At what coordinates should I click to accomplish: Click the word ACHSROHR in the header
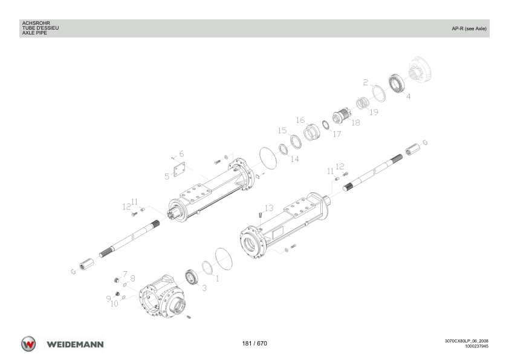[x=36, y=24]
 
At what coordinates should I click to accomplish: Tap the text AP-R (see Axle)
[x=469, y=28]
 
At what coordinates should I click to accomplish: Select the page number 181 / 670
[x=254, y=344]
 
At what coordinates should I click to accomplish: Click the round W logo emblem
[x=28, y=344]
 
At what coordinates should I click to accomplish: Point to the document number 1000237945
[x=476, y=346]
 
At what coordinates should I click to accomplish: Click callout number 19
[x=374, y=112]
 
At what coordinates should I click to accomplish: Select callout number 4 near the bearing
[x=409, y=96]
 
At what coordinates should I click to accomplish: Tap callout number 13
[x=269, y=208]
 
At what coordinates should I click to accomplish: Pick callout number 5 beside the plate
[x=167, y=177]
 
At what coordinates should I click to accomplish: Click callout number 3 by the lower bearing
[x=204, y=288]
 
